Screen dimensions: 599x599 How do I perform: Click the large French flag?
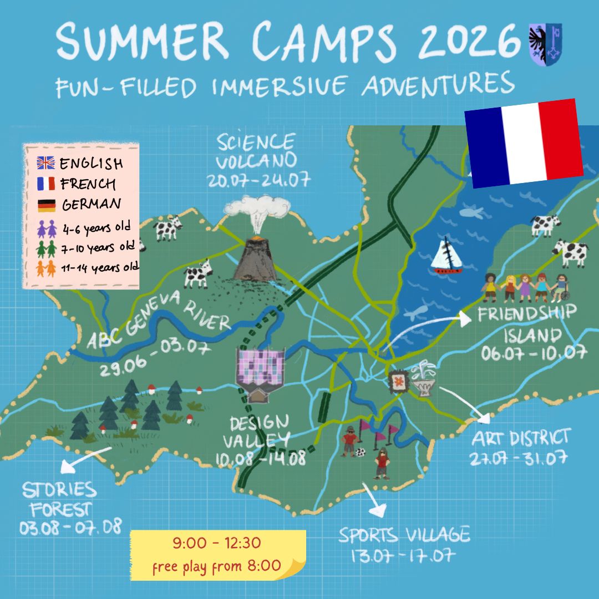coord(523,142)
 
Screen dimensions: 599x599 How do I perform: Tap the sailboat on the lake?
coord(447,257)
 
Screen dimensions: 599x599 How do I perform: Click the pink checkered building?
coord(260,368)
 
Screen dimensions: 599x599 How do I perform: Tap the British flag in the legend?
coord(45,164)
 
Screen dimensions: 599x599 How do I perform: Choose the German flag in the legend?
coord(45,205)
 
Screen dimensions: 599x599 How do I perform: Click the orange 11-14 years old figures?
coord(46,268)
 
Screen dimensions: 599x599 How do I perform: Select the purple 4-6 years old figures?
coord(46,227)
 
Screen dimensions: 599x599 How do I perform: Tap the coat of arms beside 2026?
coord(545,44)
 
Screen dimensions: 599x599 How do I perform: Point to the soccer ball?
coord(360,452)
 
